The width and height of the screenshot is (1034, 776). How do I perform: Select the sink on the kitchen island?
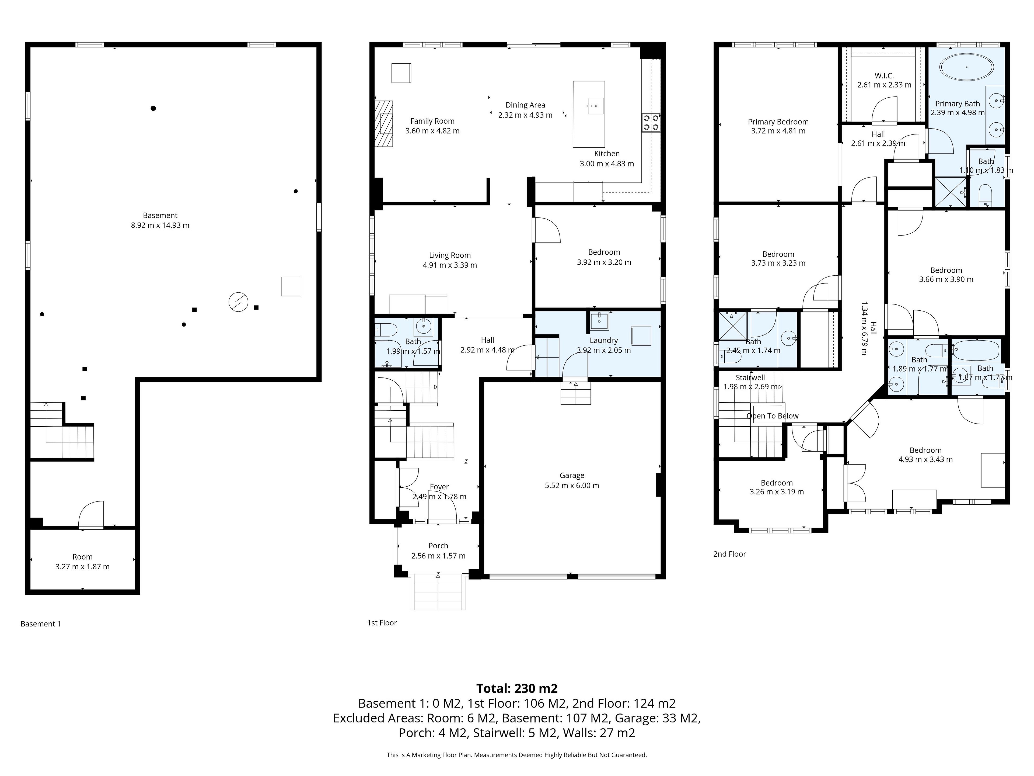(596, 106)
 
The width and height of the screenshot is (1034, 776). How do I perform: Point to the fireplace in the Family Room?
(383, 123)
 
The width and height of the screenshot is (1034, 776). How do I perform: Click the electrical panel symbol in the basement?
(238, 302)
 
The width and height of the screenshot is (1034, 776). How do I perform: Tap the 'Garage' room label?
(572, 475)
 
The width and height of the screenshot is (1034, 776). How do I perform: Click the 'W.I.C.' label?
(884, 75)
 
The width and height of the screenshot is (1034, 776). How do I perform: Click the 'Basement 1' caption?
(41, 623)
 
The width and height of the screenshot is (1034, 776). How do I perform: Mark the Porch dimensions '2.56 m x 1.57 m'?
(438, 556)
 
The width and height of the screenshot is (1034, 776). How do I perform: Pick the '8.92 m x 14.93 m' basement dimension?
(160, 225)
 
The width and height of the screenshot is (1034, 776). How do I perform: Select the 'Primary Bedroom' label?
(778, 122)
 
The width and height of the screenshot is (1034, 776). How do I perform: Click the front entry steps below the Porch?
(438, 592)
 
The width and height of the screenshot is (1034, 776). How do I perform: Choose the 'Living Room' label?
(450, 255)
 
